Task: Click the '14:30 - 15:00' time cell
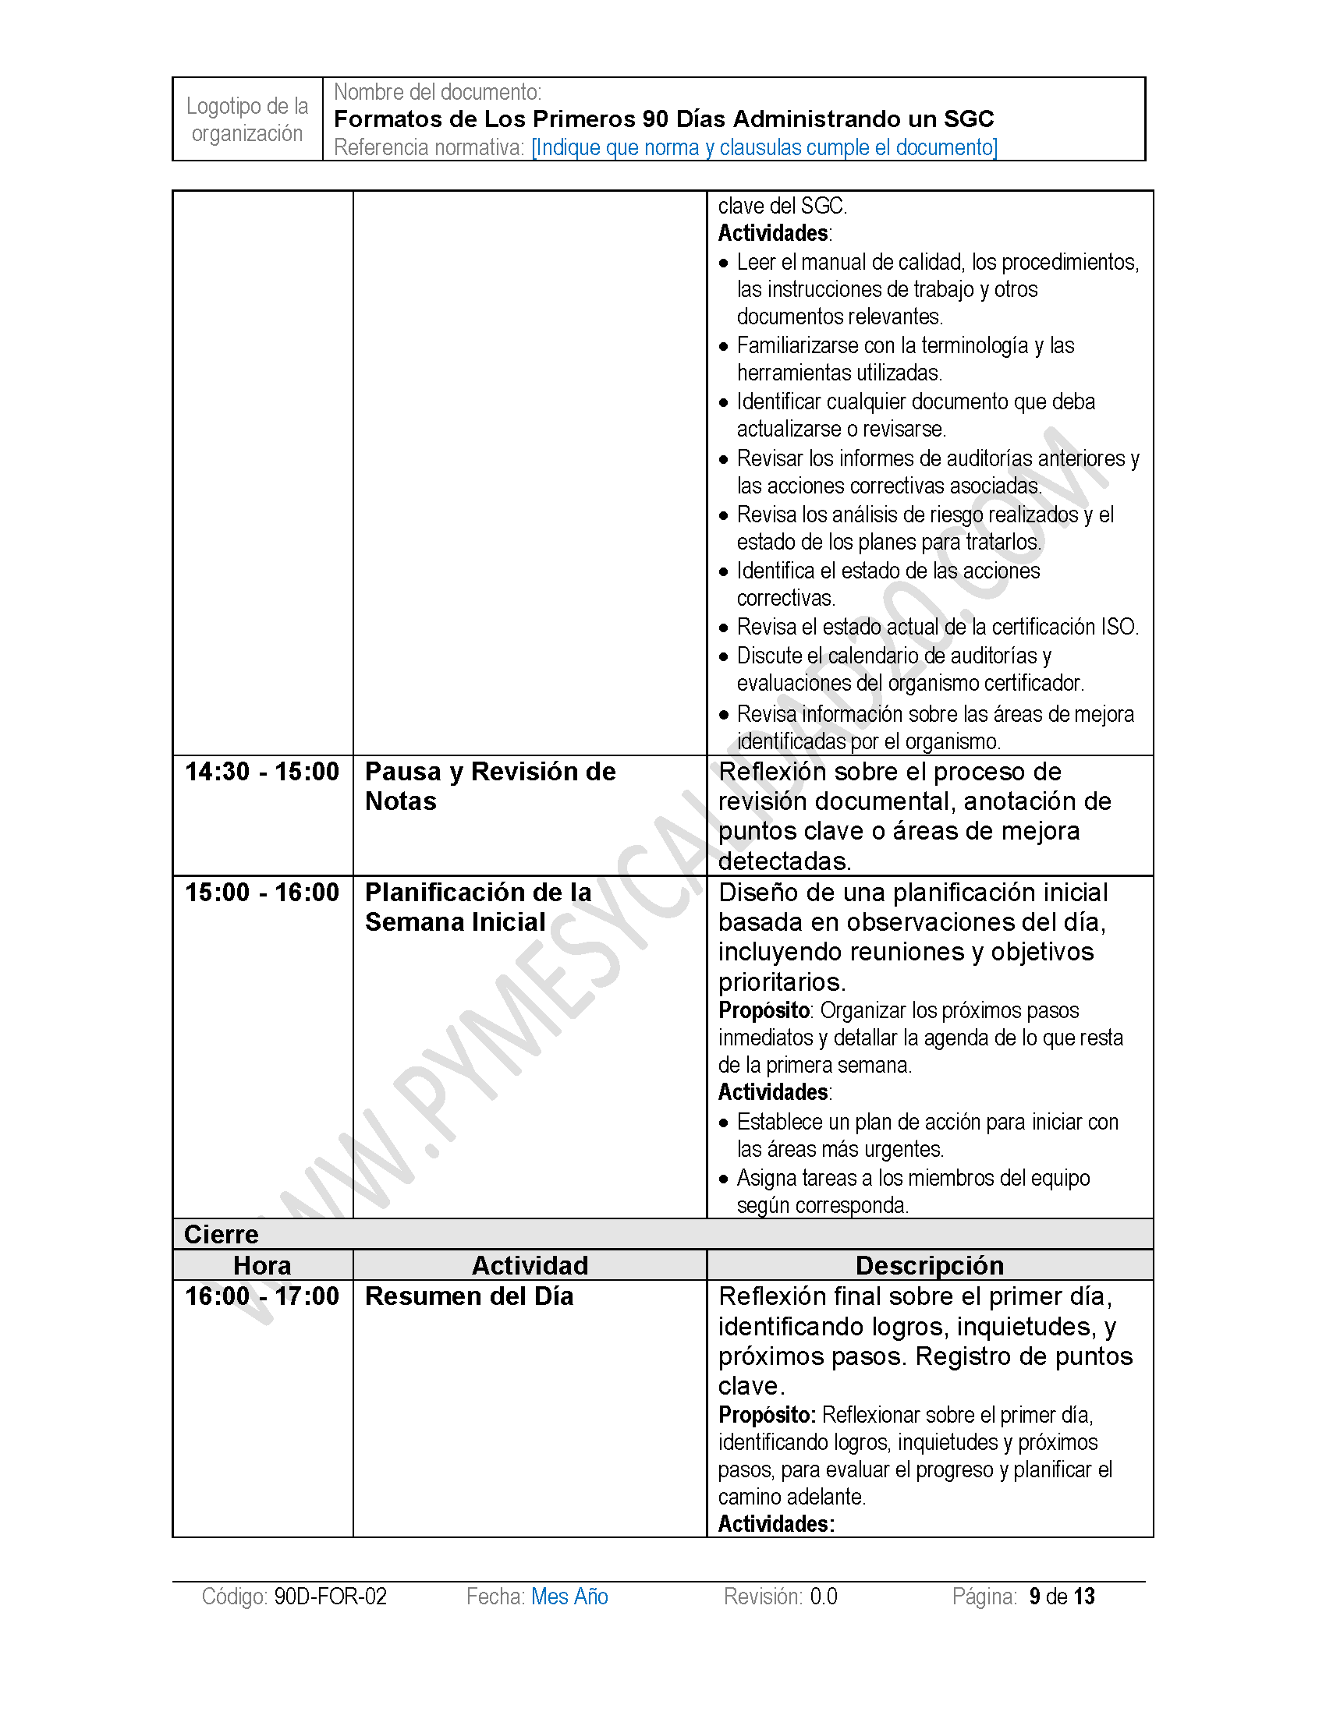click(261, 772)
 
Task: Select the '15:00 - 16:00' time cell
click(261, 893)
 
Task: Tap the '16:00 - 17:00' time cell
click(261, 1296)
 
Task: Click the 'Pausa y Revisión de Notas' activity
click(489, 786)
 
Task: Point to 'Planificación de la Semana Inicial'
click(477, 907)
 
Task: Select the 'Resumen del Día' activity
click(469, 1296)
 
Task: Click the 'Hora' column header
click(262, 1265)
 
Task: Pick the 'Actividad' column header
click(530, 1265)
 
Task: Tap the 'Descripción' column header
click(929, 1265)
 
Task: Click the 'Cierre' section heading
click(221, 1235)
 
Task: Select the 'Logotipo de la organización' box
click(247, 119)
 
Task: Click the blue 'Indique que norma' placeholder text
click(764, 147)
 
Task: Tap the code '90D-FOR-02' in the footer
click(330, 1597)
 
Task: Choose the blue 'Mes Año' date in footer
click(569, 1597)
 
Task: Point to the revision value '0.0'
click(823, 1597)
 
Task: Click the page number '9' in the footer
click(1034, 1597)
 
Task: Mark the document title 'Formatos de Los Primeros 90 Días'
click(664, 119)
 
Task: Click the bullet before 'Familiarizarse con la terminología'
click(724, 346)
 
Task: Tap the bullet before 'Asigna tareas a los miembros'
click(724, 1179)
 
